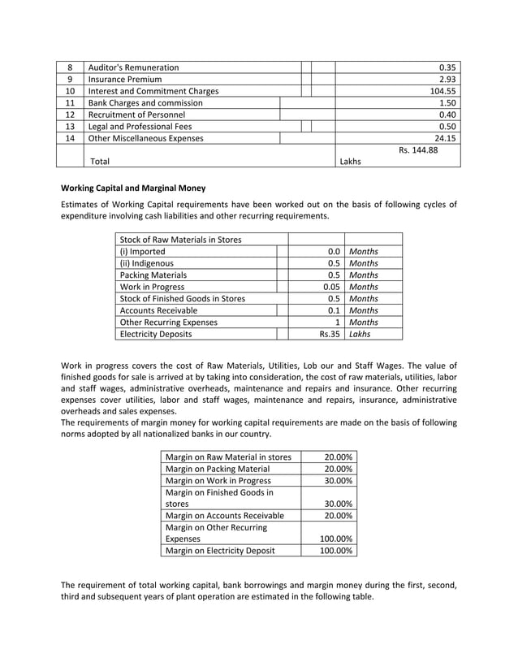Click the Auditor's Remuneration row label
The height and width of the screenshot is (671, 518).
click(x=133, y=67)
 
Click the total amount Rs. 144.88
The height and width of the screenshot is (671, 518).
click(x=418, y=149)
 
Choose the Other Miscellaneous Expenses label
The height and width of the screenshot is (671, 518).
click(x=145, y=138)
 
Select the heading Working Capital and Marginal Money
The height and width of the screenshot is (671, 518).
click(x=133, y=188)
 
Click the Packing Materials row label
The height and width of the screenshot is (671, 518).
click(x=153, y=275)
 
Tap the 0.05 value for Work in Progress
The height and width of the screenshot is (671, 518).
click(x=330, y=287)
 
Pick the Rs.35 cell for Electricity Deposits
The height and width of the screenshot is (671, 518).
click(x=329, y=333)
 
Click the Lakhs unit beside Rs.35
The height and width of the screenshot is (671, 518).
click(x=360, y=333)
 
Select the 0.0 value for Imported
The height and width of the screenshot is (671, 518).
click(x=333, y=252)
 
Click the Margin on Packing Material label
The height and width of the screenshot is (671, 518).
click(x=217, y=469)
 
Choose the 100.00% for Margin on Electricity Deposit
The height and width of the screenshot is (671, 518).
click(x=335, y=551)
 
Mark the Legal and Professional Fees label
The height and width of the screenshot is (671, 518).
click(x=141, y=127)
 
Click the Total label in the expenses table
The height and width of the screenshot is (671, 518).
click(x=100, y=162)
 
